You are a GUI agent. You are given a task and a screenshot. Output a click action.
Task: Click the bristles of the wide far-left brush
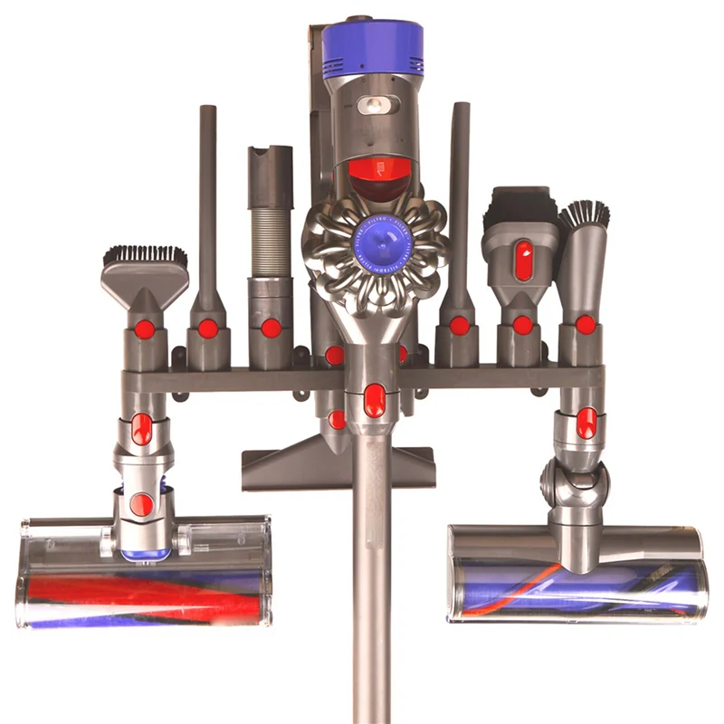click(145, 256)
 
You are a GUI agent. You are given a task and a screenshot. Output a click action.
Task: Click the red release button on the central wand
click(374, 400)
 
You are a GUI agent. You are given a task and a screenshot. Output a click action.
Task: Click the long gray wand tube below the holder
click(372, 579)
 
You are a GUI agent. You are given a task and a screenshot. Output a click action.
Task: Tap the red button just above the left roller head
click(141, 504)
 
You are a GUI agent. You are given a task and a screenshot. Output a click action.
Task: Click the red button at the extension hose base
click(271, 328)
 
